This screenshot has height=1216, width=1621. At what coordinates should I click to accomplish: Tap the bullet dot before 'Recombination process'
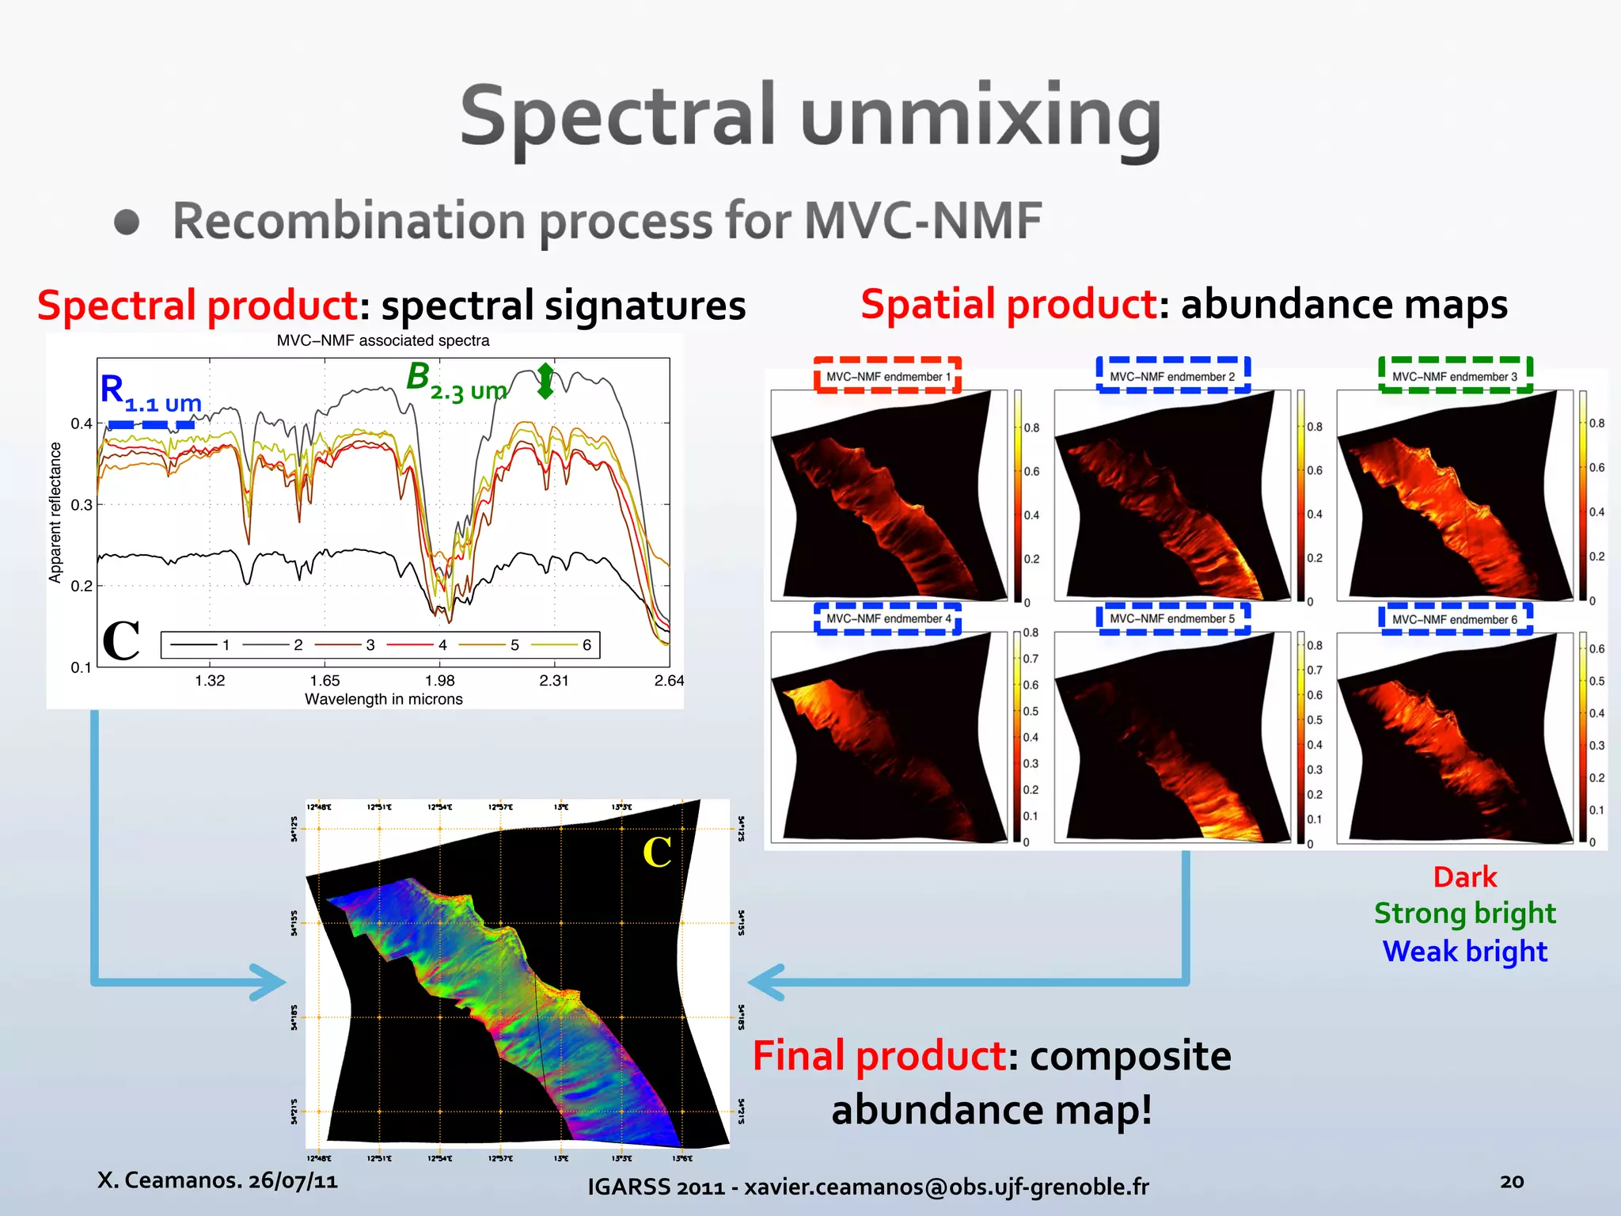127,222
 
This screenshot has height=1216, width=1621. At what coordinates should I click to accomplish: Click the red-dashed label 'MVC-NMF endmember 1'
887,376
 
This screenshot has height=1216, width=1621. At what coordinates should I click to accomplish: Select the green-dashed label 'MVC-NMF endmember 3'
1455,376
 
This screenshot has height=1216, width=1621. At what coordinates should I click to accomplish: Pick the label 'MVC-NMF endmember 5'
1172,618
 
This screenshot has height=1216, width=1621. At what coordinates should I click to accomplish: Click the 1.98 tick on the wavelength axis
439,680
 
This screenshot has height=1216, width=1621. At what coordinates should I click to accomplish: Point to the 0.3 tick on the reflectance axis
82,504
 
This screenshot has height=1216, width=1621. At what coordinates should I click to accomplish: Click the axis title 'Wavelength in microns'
383,699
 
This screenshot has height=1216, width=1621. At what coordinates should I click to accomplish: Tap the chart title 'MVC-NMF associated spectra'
382,340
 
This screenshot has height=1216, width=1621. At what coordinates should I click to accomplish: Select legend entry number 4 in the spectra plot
442,644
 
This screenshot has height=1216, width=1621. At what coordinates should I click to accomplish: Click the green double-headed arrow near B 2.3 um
545,381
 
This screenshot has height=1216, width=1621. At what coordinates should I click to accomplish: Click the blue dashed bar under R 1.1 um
151,425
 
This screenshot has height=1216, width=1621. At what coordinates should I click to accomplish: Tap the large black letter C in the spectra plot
121,640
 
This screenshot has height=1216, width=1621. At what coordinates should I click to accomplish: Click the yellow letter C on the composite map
657,853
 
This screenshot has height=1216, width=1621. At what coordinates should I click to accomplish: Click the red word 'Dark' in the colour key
1464,877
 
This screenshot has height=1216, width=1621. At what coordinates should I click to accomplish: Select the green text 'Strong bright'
1464,914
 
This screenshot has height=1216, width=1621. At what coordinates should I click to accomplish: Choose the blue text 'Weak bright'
1464,951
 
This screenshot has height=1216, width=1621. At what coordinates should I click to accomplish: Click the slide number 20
1511,1181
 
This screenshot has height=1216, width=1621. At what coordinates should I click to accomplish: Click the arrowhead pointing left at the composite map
764,982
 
